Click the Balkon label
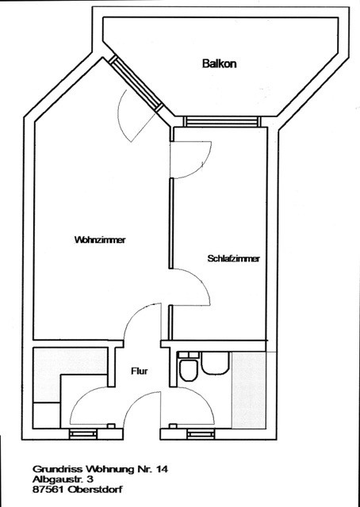[x=219, y=63]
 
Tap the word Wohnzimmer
[x=100, y=240]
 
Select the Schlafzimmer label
[x=234, y=259]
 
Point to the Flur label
[x=140, y=372]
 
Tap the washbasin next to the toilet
[x=216, y=364]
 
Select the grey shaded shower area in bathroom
[x=249, y=390]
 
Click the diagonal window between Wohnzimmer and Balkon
[x=136, y=83]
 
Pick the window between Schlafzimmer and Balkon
[x=222, y=121]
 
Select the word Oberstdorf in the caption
[x=95, y=490]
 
